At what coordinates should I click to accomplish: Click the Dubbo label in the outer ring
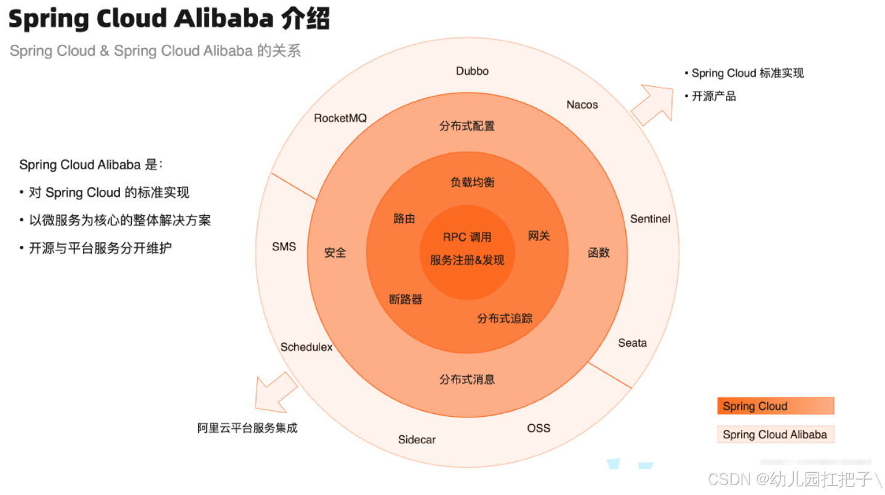tap(472, 71)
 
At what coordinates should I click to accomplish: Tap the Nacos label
tap(582, 105)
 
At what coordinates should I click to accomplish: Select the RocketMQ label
tap(340, 118)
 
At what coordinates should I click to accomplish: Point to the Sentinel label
tap(650, 219)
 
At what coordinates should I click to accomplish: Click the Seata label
tap(632, 343)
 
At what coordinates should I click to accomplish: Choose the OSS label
tap(539, 428)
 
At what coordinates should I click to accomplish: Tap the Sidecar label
tap(417, 440)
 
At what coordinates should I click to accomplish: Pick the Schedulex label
tap(306, 347)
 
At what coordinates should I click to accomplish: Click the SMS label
tap(284, 247)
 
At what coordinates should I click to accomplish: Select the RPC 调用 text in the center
tap(467, 237)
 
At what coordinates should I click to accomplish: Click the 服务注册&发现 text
tap(467, 260)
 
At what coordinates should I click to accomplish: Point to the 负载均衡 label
tap(472, 183)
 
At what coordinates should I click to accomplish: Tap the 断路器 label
tap(406, 299)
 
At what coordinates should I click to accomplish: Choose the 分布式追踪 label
tap(505, 319)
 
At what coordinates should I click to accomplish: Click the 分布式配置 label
tap(467, 127)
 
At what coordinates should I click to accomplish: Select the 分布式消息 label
tap(467, 379)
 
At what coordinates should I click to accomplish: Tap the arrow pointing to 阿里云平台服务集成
tap(274, 392)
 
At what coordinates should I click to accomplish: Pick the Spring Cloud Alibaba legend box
tap(775, 435)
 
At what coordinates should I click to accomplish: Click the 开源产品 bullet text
tap(713, 97)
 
